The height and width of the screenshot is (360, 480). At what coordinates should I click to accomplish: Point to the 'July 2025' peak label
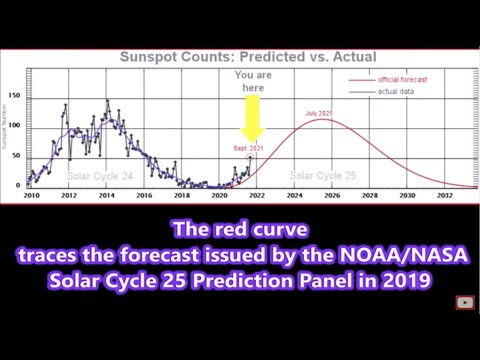pyautogui.click(x=319, y=113)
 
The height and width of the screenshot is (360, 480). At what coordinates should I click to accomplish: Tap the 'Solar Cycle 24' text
pyautogui.click(x=99, y=176)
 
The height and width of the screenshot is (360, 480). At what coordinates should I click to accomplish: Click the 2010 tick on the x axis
pyautogui.click(x=32, y=196)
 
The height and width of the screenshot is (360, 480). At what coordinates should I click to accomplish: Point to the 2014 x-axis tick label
pyautogui.click(x=106, y=196)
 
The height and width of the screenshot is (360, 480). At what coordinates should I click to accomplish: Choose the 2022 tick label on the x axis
pyautogui.click(x=255, y=196)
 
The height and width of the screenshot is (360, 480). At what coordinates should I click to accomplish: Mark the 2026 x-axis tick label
pyautogui.click(x=330, y=196)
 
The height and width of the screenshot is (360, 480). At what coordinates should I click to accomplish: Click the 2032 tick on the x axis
pyautogui.click(x=441, y=196)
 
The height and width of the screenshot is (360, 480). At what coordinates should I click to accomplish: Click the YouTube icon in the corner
pyautogui.click(x=464, y=302)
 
